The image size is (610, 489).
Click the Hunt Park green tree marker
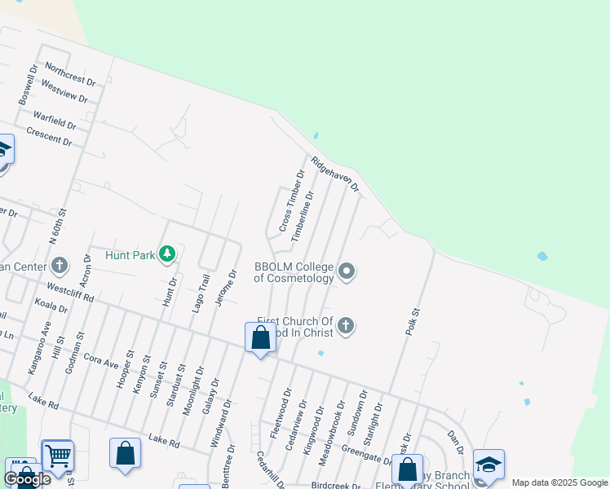[167, 254]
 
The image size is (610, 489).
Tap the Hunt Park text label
[130, 255]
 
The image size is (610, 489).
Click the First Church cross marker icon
[346, 327]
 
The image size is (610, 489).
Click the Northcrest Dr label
[70, 75]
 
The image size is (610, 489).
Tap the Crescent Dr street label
[49, 136]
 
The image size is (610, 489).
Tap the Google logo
[27, 478]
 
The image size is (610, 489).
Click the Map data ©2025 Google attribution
[559, 482]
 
